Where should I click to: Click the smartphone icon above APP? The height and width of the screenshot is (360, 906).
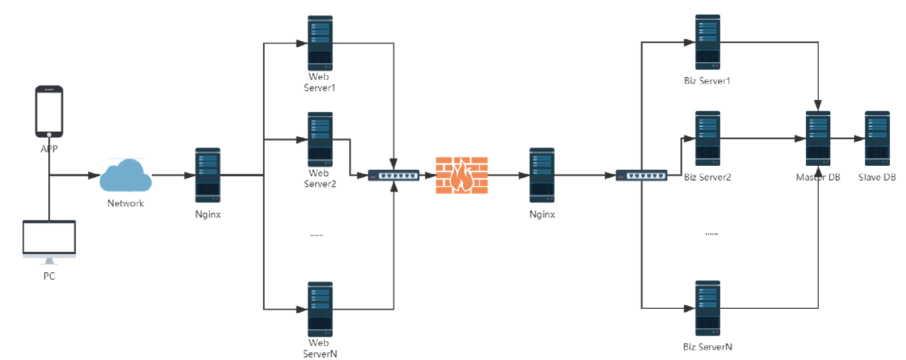49,111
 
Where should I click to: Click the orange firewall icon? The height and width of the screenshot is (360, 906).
461,175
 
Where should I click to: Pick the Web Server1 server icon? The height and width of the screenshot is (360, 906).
320,43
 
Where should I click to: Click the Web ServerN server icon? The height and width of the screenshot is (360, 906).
320,309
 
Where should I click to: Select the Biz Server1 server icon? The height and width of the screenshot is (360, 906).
708,41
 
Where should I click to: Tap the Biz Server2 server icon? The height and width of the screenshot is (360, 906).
708,138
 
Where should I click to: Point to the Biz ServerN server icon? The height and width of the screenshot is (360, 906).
708,308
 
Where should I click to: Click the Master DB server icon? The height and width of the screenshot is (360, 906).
818,138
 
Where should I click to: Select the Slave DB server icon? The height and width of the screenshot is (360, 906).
877,138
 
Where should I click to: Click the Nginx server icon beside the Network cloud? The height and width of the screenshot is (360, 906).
208,174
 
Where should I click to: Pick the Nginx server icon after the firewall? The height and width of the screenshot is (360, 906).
542,174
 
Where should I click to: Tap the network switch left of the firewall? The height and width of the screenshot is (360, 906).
394,175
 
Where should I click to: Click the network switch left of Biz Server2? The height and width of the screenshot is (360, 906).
641,175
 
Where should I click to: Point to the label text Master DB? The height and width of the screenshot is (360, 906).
818,177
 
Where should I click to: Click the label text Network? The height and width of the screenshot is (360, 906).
125,204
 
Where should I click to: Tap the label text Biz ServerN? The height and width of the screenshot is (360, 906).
707,347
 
